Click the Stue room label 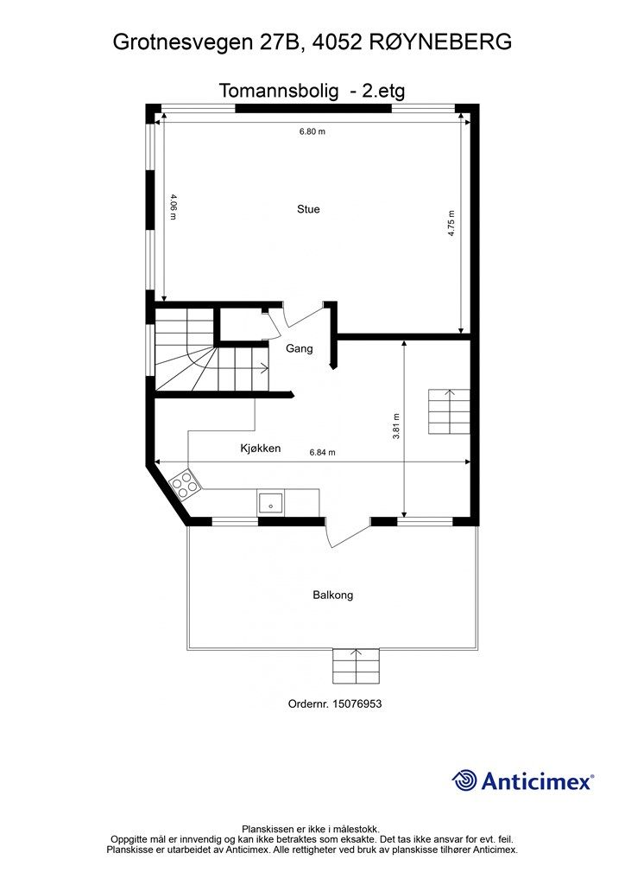(308, 209)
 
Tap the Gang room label (300, 348)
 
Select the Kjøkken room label (261, 449)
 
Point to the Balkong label (333, 595)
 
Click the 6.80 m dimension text (312, 131)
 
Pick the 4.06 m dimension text (174, 207)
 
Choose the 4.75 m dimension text (451, 223)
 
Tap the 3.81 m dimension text (396, 426)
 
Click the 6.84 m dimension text (322, 452)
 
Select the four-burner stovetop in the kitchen (184, 484)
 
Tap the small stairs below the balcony (357, 666)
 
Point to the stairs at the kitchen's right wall (449, 411)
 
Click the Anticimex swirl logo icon (464, 780)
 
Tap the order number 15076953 (357, 704)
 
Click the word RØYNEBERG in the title (441, 41)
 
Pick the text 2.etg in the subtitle (383, 90)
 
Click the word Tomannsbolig (279, 90)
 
